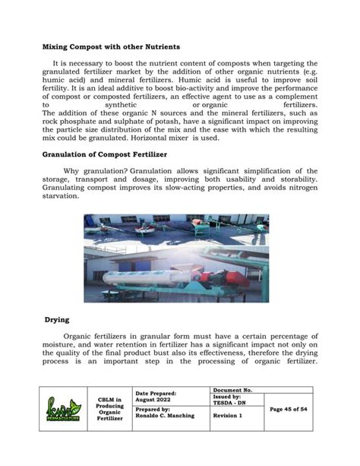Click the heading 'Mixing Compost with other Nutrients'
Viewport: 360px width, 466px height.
[x=110, y=47]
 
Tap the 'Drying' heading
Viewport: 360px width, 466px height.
[x=56, y=321]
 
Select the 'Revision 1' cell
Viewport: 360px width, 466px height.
[x=227, y=417]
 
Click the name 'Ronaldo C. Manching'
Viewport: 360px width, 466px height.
[x=165, y=417]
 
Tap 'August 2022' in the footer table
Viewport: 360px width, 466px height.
[x=154, y=398]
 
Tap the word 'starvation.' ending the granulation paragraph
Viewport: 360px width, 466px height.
[x=60, y=196]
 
